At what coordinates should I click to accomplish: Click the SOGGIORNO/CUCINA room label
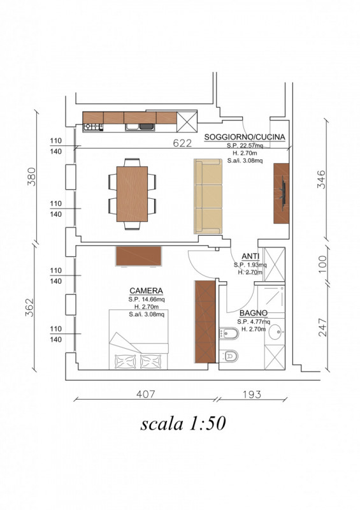[x=245, y=137]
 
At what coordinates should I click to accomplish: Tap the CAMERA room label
[x=146, y=291]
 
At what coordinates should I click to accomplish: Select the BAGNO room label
[x=254, y=313]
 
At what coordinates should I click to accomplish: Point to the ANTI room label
[x=250, y=256]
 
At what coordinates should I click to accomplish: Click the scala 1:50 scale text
[x=183, y=423]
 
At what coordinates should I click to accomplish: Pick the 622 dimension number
[x=182, y=143]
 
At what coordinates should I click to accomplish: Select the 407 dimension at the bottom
[x=146, y=394]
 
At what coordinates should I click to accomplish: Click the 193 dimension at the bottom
[x=252, y=395]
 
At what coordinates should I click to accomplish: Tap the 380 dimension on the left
[x=31, y=177]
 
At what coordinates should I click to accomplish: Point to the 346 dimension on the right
[x=320, y=179]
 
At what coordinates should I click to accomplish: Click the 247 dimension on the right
[x=322, y=327]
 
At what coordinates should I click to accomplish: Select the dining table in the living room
[x=132, y=194]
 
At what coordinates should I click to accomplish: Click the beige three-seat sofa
[x=208, y=196]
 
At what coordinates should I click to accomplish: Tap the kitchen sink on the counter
[x=140, y=127]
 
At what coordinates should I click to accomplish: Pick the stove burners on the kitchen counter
[x=93, y=127]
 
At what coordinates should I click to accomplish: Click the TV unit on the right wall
[x=281, y=194]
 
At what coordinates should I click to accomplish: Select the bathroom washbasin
[x=275, y=332]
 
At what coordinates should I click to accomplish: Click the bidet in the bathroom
[x=229, y=333]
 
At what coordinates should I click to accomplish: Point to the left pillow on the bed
[x=125, y=361]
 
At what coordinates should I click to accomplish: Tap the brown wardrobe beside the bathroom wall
[x=205, y=322]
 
